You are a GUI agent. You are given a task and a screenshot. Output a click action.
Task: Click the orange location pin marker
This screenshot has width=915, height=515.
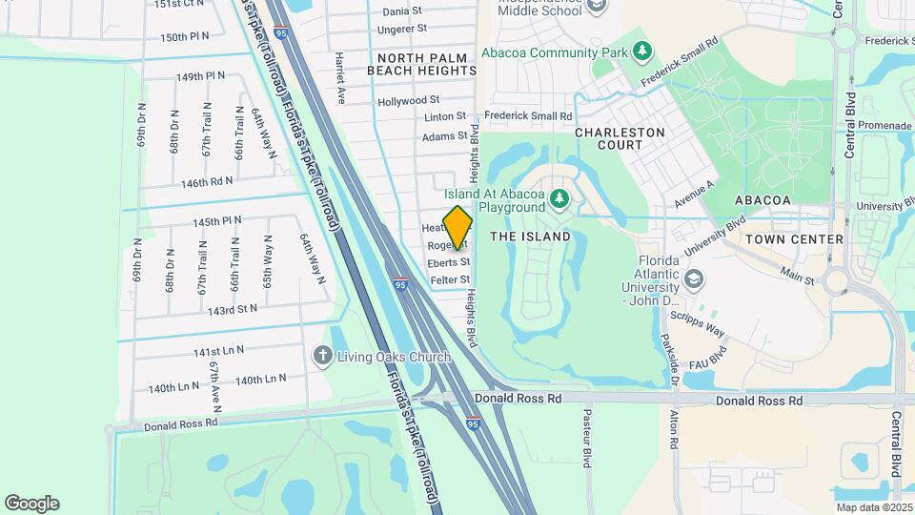tap(458, 229)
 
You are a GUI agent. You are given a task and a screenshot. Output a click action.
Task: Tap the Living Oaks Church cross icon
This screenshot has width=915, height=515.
tap(323, 356)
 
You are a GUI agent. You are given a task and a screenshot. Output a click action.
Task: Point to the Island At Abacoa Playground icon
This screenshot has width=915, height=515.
tap(560, 199)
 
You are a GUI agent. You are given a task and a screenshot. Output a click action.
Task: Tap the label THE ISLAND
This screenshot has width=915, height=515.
tap(530, 237)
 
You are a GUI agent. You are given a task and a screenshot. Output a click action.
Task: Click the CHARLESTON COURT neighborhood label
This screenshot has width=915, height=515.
tap(621, 138)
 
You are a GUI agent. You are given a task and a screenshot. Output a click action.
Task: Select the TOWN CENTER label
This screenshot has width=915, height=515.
tap(796, 239)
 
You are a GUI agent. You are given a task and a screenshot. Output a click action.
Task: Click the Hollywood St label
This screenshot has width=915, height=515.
tap(408, 100)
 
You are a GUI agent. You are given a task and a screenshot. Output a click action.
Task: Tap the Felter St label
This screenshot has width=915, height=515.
tap(450, 280)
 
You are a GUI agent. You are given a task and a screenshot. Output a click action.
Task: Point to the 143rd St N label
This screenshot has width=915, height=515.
tap(233, 310)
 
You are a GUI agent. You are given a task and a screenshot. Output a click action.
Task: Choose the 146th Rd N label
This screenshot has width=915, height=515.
tap(207, 182)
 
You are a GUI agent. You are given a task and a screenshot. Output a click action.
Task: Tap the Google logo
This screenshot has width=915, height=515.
tap(31, 504)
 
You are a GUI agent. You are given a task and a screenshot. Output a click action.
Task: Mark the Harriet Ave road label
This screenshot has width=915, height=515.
tap(339, 76)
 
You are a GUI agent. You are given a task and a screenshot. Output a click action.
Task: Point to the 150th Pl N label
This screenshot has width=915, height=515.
tap(184, 37)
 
